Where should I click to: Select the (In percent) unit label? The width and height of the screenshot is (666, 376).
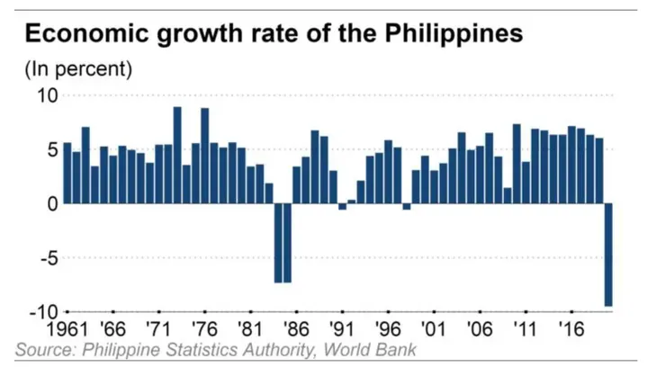[x=77, y=67]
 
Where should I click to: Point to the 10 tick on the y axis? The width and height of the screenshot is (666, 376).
[x=46, y=95]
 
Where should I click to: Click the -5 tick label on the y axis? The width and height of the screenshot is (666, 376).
[x=46, y=258]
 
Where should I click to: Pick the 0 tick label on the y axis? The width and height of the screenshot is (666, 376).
[x=51, y=204]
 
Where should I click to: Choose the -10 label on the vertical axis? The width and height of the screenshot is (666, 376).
[x=41, y=312]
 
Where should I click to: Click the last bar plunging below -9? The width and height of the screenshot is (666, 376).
[x=608, y=255]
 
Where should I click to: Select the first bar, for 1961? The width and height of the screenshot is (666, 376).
[x=67, y=173]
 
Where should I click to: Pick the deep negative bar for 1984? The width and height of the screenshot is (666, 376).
[x=278, y=243]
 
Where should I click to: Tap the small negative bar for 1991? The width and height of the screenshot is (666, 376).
[x=342, y=207]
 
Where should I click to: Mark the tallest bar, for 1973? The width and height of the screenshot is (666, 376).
[x=177, y=155]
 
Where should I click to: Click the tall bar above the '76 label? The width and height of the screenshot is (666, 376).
[x=204, y=156]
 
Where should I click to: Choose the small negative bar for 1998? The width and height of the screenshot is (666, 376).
[x=407, y=207]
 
